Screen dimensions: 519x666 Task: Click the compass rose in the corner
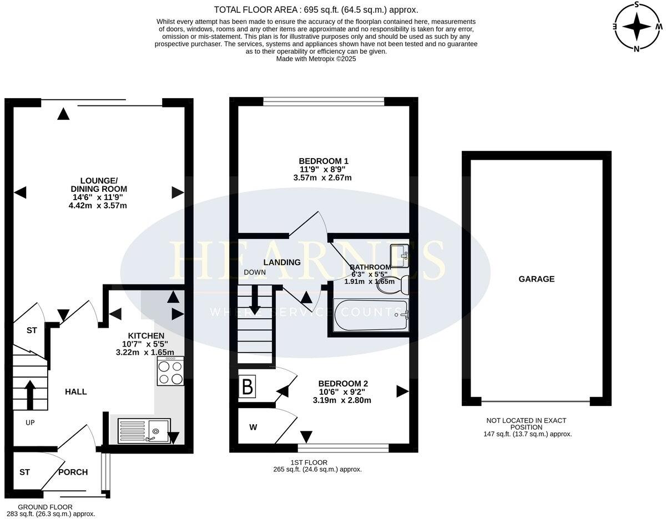[x=637, y=26]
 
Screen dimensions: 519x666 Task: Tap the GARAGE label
[x=536, y=279]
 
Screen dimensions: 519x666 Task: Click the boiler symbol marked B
[x=248, y=387]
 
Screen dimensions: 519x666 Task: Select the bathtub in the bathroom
[x=370, y=316]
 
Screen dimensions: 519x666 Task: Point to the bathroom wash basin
[x=399, y=255]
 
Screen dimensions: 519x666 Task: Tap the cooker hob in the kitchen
[x=170, y=371]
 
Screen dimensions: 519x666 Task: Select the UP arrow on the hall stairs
[x=29, y=394]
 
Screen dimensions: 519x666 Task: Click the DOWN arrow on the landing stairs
[x=255, y=302]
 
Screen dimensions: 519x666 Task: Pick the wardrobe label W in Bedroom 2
[x=253, y=427]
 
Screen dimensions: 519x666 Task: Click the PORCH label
[x=73, y=472]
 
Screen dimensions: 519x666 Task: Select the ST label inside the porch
[x=24, y=472]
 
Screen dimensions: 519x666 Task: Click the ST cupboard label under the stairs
[x=32, y=330]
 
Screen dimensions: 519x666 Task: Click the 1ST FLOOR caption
[x=309, y=462]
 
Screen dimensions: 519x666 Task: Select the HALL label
[x=76, y=391]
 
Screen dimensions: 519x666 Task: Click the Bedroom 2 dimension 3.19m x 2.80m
[x=342, y=400]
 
